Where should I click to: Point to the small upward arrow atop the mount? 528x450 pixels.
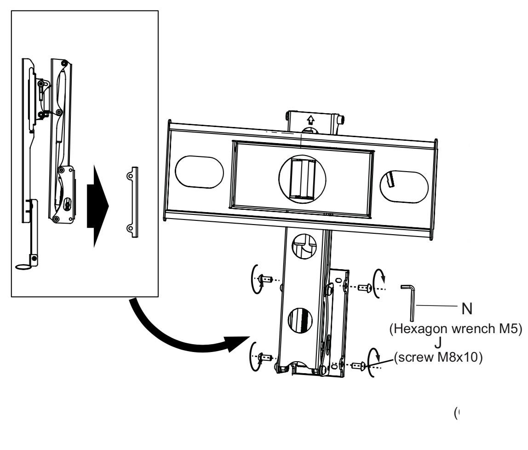click(x=310, y=120)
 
